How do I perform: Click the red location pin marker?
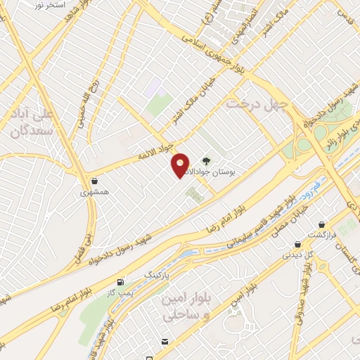pos(181,165)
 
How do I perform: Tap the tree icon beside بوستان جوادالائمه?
pos(207,160)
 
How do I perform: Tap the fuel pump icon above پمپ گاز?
pos(121,281)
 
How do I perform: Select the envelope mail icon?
pos(165,342)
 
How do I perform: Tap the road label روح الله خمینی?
pos(81,111)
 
